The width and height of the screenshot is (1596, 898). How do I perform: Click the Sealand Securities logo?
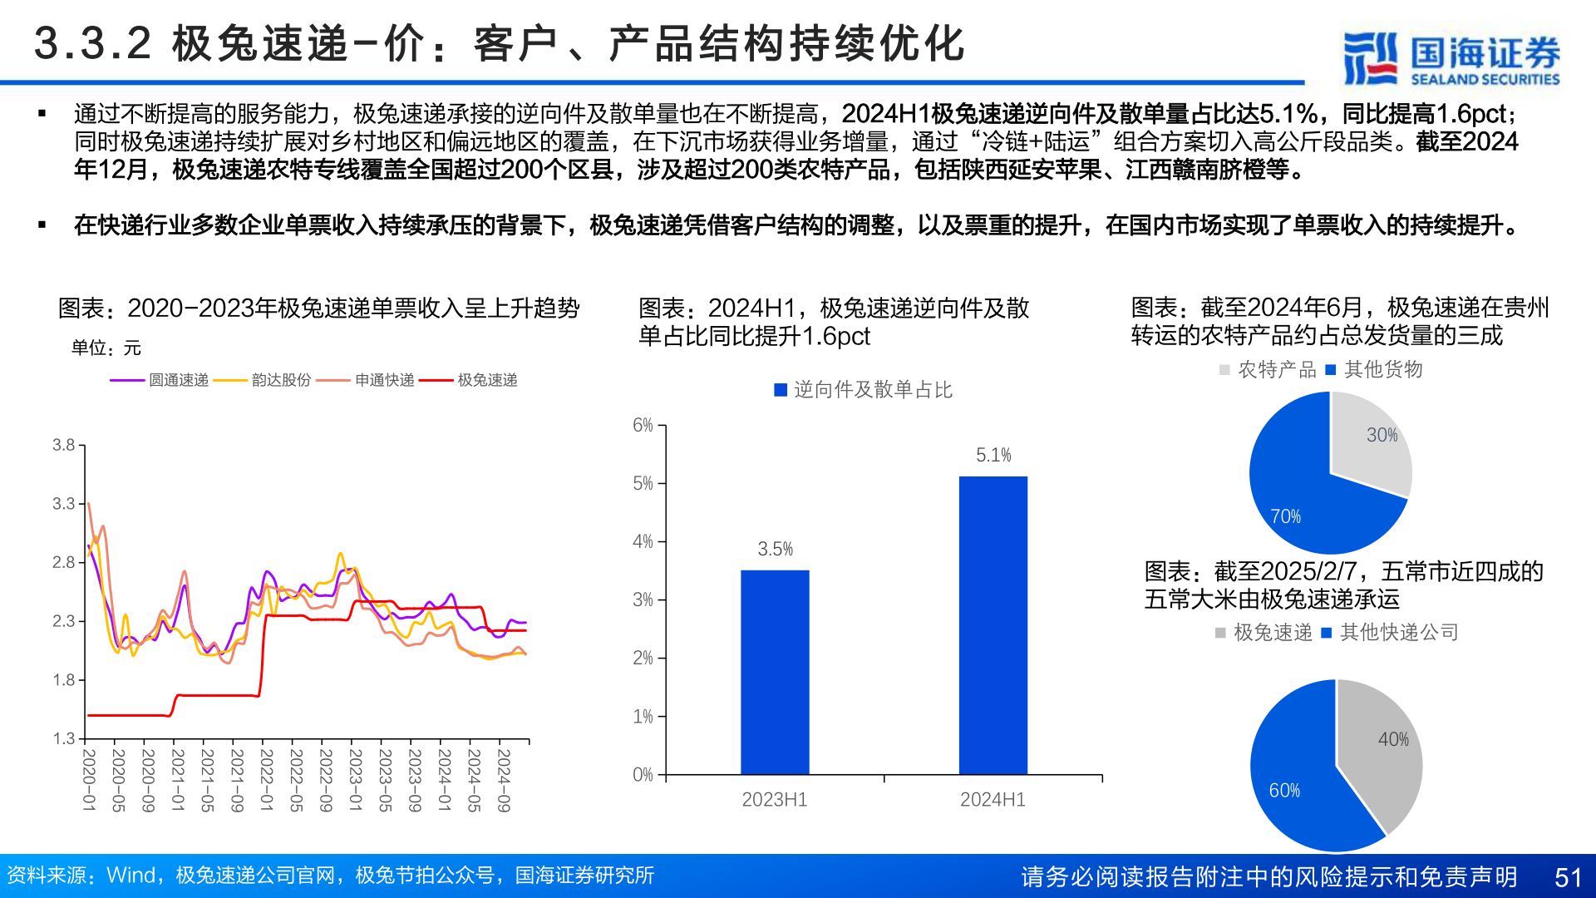[x=1451, y=58]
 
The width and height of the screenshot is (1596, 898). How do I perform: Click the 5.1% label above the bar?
[x=993, y=455]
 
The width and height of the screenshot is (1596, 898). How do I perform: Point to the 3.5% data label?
[x=775, y=549]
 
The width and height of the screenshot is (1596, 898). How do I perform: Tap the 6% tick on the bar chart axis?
[x=643, y=425]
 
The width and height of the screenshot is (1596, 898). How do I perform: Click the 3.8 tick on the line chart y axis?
[x=64, y=445]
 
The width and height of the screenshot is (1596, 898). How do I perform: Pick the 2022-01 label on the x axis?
[x=267, y=780]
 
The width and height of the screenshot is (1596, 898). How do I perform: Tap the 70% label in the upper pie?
[x=1285, y=516]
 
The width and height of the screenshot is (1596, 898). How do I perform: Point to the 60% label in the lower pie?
[x=1284, y=790]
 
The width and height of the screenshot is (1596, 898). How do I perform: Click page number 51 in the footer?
[x=1568, y=877]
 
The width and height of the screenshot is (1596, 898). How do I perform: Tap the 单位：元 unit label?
[x=106, y=348]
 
